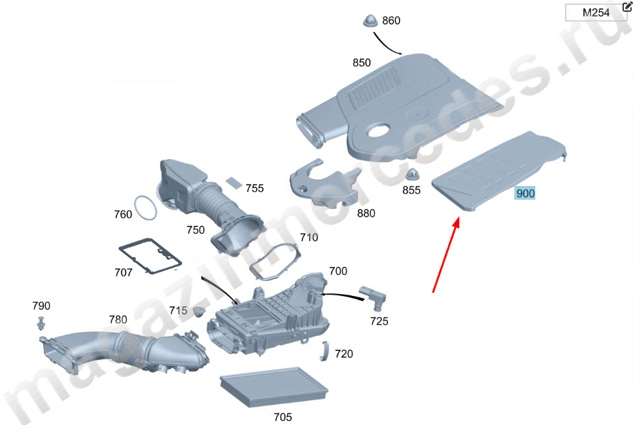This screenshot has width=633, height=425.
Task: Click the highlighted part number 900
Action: (x=526, y=193)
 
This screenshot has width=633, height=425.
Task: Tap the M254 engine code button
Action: (x=596, y=12)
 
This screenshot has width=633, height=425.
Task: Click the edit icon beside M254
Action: (x=627, y=6)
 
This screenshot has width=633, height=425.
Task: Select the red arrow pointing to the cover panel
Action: (x=445, y=255)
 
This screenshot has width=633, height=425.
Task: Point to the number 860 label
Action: (x=391, y=21)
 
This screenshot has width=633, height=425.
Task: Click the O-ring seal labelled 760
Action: (x=146, y=208)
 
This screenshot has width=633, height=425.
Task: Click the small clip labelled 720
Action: (x=324, y=351)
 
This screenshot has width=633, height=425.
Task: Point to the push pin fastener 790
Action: (x=42, y=323)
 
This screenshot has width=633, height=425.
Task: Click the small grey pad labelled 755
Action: (x=234, y=181)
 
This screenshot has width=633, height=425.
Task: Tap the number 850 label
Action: (x=362, y=63)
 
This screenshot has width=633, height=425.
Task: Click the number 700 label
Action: (x=338, y=270)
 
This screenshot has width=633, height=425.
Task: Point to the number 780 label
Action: (x=118, y=320)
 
